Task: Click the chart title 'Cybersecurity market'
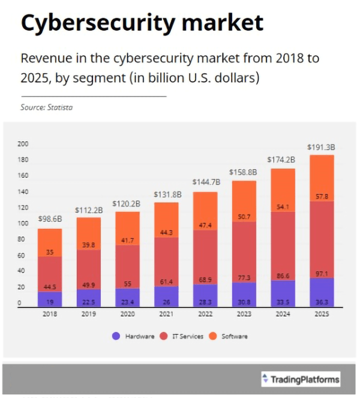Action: point(142,23)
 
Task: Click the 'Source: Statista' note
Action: point(50,107)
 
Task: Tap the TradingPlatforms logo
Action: point(301,379)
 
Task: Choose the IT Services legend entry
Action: point(183,336)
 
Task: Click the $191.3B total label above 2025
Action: point(321,147)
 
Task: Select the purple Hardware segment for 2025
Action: point(322,292)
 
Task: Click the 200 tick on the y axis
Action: point(23,144)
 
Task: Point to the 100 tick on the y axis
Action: point(23,224)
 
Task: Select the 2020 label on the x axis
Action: point(127,315)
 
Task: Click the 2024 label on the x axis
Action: point(283,315)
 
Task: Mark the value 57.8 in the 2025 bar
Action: point(322,196)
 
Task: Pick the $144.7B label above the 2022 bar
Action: point(206,182)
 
